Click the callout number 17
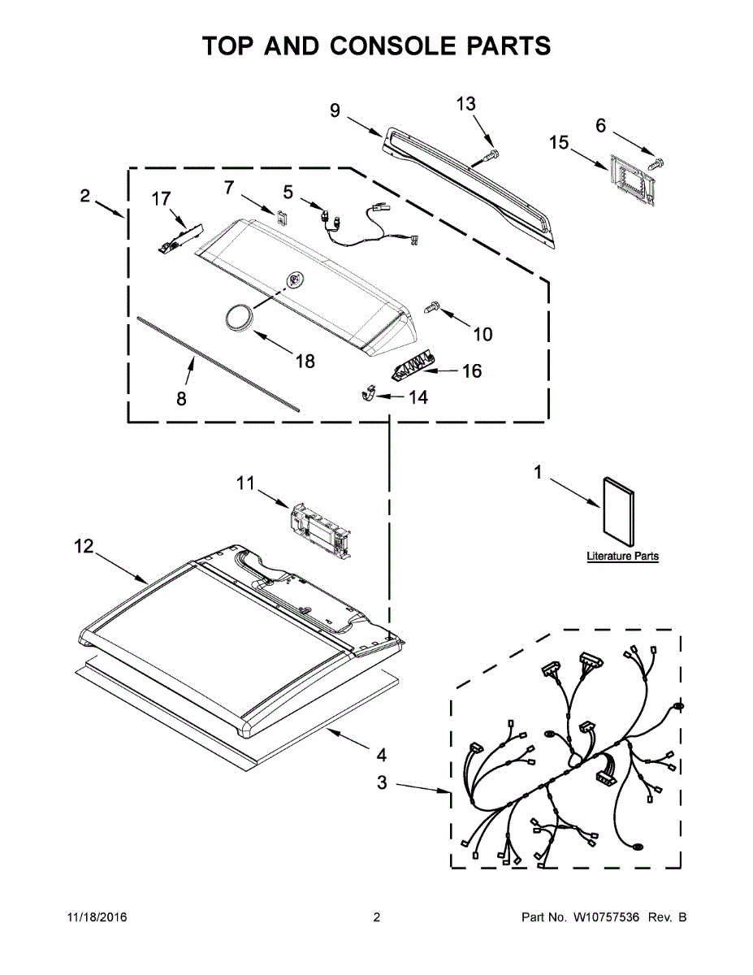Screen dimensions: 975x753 pyautogui.click(x=161, y=197)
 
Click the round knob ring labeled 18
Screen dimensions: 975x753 pyautogui.click(x=239, y=317)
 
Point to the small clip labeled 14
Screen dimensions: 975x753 pyautogui.click(x=368, y=394)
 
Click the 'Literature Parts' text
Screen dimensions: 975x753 pyautogui.click(x=622, y=557)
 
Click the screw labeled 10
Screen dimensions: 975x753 pyautogui.click(x=432, y=306)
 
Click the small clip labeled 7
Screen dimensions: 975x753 pyautogui.click(x=282, y=216)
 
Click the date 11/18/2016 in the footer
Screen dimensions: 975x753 pyautogui.click(x=96, y=918)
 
